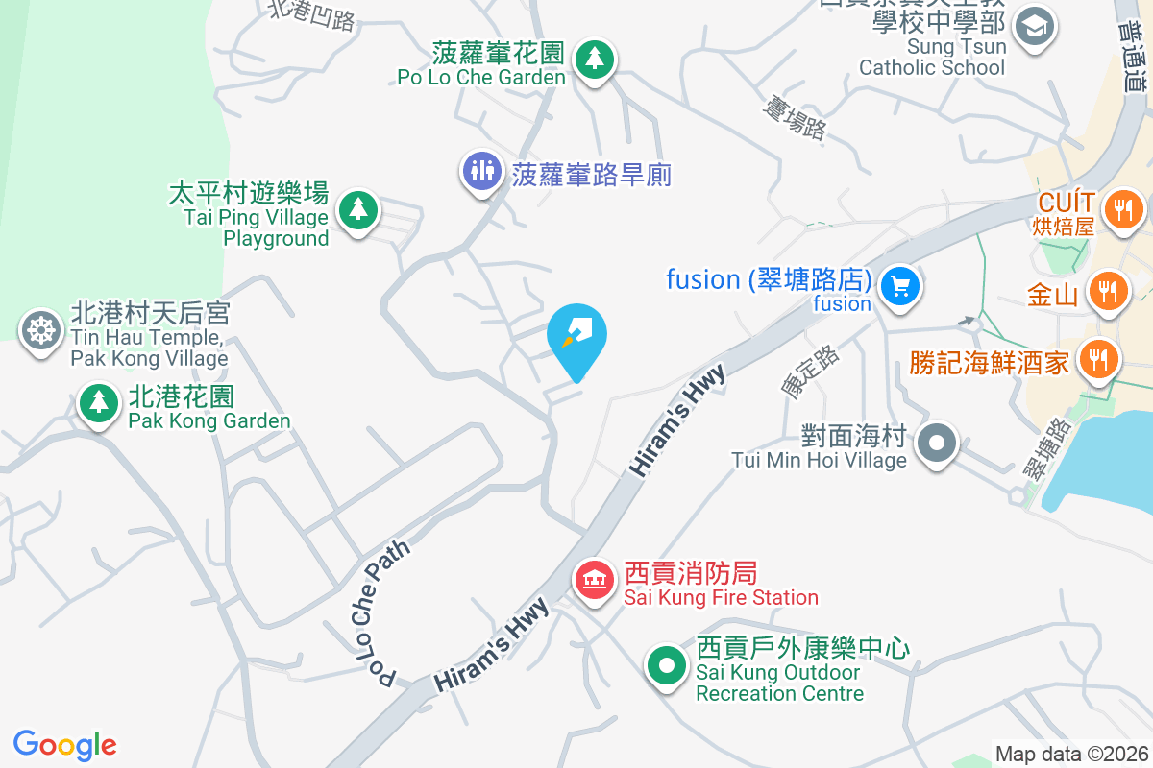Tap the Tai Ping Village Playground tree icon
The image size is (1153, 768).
coord(357,208)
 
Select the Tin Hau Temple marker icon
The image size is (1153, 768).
coord(40,331)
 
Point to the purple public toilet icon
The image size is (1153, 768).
coord(481,172)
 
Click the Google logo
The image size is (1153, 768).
coord(64,744)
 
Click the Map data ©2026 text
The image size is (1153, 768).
coord(1071,754)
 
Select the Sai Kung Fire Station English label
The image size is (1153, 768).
coord(721,597)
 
